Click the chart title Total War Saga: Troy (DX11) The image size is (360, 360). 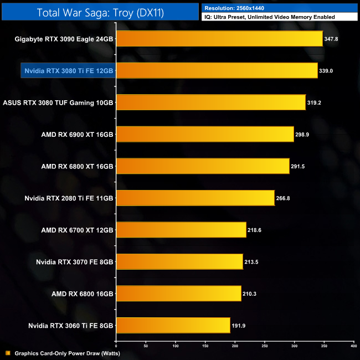click(100, 12)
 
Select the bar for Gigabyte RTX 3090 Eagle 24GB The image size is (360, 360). click(219, 39)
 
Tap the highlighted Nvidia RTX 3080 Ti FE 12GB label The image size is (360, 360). click(69, 71)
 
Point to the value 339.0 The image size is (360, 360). click(326, 71)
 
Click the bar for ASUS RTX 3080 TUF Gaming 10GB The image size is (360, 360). click(211, 102)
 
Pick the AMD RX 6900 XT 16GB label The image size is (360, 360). click(77, 135)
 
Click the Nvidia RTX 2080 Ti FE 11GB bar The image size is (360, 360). click(196, 198)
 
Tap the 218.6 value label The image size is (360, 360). click(255, 230)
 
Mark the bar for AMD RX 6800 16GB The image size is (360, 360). click(179, 294)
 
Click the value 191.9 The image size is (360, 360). click(239, 325)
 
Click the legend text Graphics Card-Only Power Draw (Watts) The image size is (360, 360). click(67, 353)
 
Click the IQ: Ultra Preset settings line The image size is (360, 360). click(269, 17)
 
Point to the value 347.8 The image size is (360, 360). click(331, 39)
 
